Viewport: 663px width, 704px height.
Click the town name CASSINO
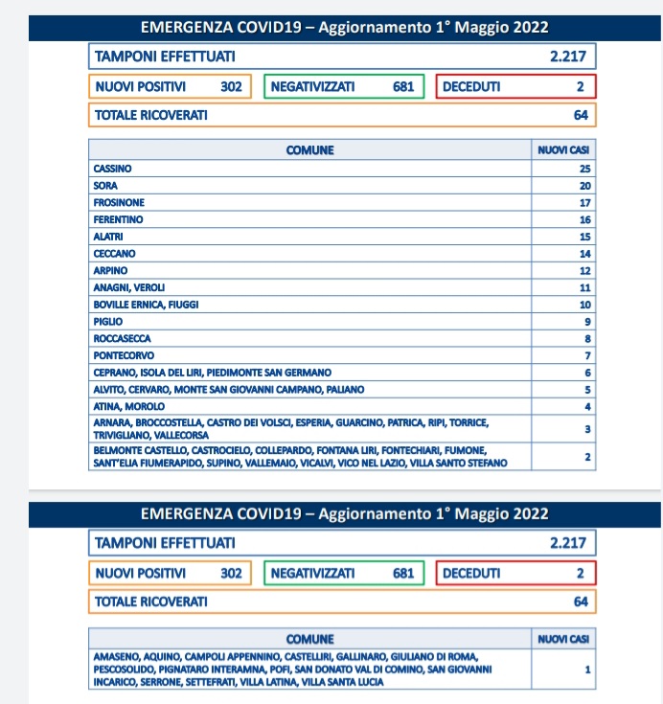click(x=112, y=169)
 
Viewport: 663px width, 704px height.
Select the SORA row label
click(x=104, y=186)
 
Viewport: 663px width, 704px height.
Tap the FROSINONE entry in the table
click(x=119, y=203)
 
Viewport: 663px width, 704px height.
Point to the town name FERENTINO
click(x=117, y=219)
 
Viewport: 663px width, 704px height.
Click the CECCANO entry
click(x=114, y=254)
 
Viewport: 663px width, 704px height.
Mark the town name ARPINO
click(x=110, y=271)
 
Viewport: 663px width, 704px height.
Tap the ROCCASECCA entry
click(x=122, y=338)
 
